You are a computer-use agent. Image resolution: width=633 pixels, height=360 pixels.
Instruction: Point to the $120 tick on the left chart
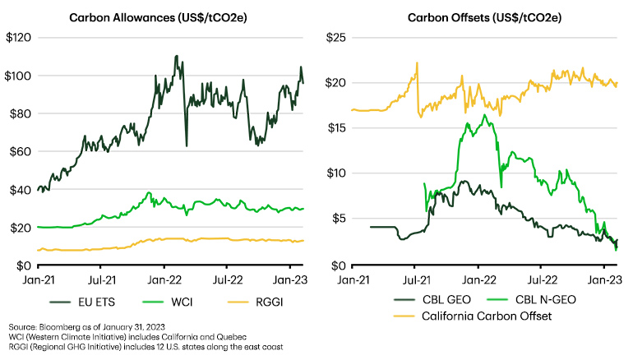18,38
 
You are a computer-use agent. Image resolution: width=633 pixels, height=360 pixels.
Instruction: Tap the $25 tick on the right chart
340,38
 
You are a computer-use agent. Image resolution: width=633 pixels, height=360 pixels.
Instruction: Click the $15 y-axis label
340,128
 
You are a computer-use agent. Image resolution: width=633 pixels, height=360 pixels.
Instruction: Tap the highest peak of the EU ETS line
176,57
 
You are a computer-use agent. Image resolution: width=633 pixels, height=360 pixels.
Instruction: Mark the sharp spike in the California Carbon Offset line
417,62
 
